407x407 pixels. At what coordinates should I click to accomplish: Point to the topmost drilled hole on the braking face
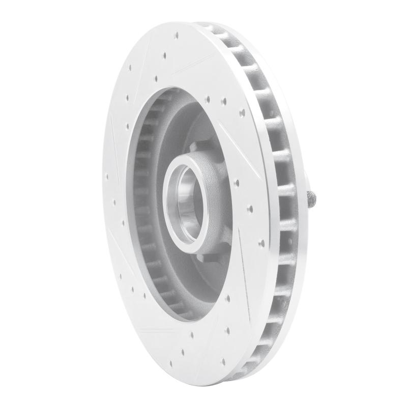pyautogui.click(x=177, y=35)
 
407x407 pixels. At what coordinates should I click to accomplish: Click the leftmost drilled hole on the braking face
pyautogui.click(x=107, y=178)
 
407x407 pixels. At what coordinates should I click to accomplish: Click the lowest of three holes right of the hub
pyautogui.click(x=261, y=243)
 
